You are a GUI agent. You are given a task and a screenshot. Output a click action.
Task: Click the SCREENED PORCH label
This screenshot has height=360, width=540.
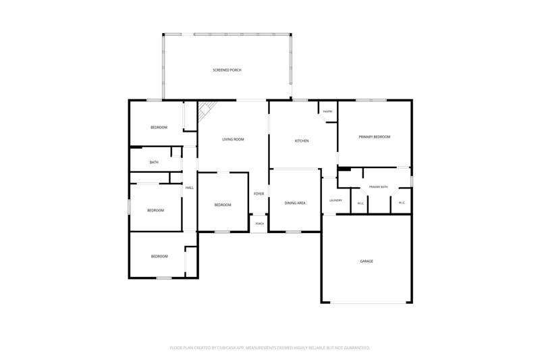tap(227, 70)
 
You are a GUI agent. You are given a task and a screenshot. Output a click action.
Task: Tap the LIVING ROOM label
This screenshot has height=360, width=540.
tap(233, 140)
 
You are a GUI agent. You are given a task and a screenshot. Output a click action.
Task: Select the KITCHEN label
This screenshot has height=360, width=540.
tap(302, 141)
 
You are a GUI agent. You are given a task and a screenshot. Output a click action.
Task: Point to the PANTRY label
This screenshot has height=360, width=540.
tap(328, 111)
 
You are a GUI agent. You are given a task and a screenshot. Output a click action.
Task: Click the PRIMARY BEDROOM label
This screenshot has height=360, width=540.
tap(375, 136)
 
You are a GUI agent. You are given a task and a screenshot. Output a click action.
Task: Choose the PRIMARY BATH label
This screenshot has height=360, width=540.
tap(379, 187)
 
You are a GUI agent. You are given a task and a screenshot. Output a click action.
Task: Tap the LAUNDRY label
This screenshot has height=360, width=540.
tap(335, 201)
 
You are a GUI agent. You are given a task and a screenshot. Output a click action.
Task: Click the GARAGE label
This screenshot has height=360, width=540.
tap(367, 261)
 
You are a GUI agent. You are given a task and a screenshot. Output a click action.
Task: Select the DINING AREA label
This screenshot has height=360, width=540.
tap(295, 203)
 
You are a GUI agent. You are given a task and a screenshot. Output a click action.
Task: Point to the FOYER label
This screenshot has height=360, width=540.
tap(259, 194)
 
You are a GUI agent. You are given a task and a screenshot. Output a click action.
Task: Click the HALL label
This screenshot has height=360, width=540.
tap(190, 188)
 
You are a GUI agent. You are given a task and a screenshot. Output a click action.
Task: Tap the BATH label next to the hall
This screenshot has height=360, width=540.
tap(154, 162)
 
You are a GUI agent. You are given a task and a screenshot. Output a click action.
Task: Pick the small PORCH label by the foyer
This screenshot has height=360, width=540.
tap(260, 224)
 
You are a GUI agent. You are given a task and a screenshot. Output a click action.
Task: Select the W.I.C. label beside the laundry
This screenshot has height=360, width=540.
tap(360, 203)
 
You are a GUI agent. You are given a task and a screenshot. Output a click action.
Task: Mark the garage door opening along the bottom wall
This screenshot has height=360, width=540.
tap(369, 303)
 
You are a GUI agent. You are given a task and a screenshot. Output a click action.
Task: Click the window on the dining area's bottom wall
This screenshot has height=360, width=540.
tap(293, 232)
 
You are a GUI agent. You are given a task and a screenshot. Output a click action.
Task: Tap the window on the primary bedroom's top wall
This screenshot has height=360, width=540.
tap(371, 100)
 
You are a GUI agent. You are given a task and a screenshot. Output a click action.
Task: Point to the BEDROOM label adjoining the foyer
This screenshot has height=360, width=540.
tap(223, 205)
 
